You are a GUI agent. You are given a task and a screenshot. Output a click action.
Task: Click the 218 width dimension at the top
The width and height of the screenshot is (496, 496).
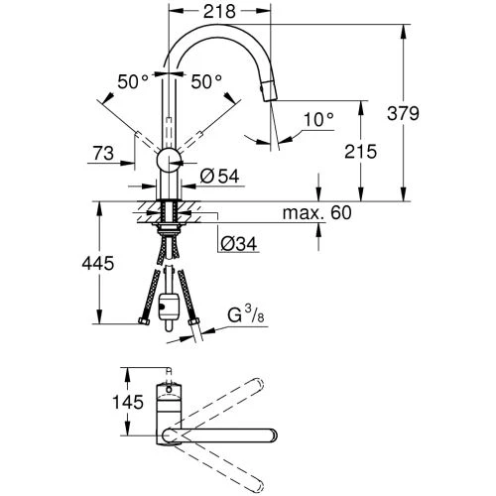[x=219, y=12]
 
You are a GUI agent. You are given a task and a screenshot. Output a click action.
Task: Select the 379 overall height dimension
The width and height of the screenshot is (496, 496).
[x=403, y=113]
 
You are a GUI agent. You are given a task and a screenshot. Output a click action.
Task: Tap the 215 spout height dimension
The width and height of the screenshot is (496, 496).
[x=360, y=152]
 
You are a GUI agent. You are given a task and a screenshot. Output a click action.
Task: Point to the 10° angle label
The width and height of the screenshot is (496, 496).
[x=318, y=119]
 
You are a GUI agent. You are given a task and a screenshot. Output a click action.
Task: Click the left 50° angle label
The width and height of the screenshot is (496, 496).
[x=133, y=81]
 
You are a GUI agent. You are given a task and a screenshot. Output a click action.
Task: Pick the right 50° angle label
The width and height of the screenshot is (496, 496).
[x=206, y=81]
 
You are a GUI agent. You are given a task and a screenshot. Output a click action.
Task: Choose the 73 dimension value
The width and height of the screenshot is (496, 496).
[x=103, y=154]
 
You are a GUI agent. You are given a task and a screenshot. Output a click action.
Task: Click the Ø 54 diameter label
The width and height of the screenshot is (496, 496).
[x=219, y=177]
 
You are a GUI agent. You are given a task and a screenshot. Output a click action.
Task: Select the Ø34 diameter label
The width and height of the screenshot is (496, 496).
[x=239, y=244]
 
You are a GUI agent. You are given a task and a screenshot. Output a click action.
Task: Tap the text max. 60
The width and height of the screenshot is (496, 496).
[x=316, y=212]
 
